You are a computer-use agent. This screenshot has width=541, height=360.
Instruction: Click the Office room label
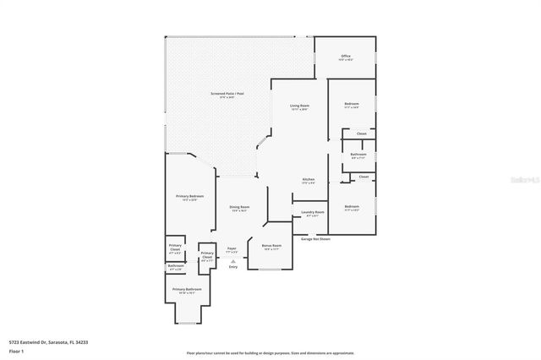345,57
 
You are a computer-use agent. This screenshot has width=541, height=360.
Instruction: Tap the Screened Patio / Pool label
227,94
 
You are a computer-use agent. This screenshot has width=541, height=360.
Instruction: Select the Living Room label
299,106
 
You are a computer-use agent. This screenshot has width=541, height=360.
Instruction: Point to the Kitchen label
309,179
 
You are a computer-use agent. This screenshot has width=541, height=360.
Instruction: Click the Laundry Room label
313,212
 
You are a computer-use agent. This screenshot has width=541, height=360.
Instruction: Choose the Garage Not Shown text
315,239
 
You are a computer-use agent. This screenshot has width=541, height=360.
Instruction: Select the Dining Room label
239,207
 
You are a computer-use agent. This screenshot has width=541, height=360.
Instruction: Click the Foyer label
232,248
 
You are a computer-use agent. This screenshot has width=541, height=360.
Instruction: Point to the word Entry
232,267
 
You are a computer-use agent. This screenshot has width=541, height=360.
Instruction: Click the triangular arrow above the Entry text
232,261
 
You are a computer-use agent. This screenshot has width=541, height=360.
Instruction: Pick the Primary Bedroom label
190,196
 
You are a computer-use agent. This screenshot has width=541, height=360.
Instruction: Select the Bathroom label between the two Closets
358,154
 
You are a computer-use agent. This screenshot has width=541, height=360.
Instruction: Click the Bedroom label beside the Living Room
351,105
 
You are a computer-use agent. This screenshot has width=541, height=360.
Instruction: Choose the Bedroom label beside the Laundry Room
352,206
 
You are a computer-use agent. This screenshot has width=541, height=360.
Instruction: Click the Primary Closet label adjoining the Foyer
206,257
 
